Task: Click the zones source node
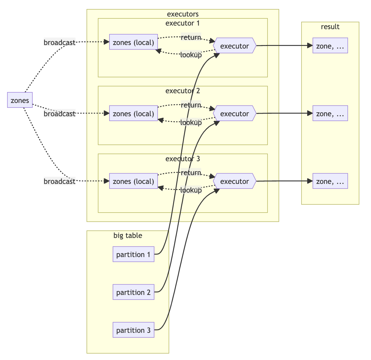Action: (x=20, y=100)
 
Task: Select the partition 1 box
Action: (x=133, y=254)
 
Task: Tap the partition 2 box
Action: (x=133, y=292)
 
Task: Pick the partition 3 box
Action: (x=133, y=330)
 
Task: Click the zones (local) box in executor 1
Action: (x=133, y=42)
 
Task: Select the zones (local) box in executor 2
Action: (x=133, y=113)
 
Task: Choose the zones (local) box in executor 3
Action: (x=133, y=181)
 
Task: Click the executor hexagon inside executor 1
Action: (x=235, y=45)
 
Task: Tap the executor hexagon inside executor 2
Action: (x=235, y=113)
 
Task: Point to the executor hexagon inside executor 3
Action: (x=235, y=181)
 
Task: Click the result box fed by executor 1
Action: (x=330, y=45)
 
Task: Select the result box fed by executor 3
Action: (x=330, y=181)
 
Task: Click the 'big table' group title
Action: (x=128, y=235)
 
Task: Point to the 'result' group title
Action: (x=330, y=27)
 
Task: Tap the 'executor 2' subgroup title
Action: (x=183, y=91)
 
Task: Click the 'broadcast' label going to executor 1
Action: (x=60, y=42)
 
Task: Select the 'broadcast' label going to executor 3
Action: (x=60, y=181)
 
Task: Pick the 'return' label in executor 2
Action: (x=191, y=105)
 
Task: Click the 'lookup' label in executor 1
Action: (x=191, y=55)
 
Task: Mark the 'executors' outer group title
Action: (x=183, y=14)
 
